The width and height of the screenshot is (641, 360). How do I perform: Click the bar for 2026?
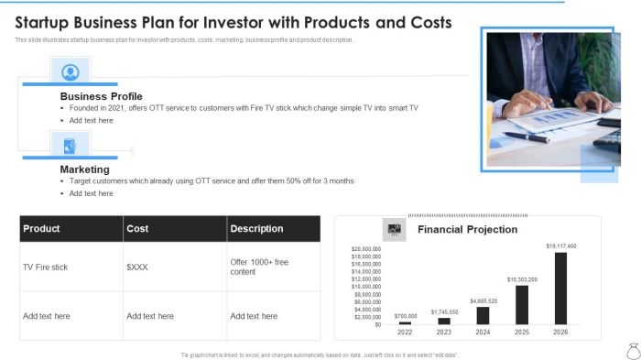click(x=561, y=289)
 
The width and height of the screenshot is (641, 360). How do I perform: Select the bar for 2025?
click(x=522, y=305)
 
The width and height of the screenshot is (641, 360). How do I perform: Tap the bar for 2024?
click(x=483, y=316)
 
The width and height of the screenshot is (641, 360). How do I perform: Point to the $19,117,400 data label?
click(x=561, y=246)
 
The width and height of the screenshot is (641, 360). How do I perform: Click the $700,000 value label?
click(x=406, y=316)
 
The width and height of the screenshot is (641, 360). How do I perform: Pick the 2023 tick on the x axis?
click(x=444, y=333)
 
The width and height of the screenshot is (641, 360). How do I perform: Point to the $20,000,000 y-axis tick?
click(x=366, y=249)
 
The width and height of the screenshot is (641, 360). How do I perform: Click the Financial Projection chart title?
click(x=467, y=229)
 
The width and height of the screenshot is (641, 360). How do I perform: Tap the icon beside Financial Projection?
click(x=394, y=229)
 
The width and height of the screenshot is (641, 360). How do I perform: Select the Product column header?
click(x=41, y=229)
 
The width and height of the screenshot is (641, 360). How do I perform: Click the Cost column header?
click(x=137, y=229)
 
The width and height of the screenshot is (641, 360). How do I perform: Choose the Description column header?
click(x=256, y=229)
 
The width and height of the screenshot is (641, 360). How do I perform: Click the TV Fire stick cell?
click(x=46, y=267)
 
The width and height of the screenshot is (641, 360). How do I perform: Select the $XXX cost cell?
click(x=139, y=267)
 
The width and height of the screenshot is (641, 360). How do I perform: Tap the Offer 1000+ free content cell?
click(x=259, y=267)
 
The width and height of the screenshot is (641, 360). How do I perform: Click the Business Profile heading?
click(x=101, y=96)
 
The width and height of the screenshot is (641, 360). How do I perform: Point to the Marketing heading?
click(x=85, y=169)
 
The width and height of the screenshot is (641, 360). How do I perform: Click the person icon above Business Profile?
click(x=70, y=71)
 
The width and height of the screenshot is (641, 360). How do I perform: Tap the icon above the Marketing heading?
click(x=70, y=145)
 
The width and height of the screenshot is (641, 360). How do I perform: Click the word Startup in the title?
click(x=46, y=22)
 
